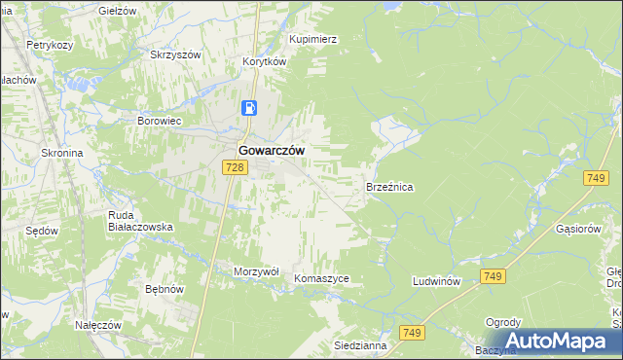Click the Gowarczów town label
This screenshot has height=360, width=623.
point(272,151)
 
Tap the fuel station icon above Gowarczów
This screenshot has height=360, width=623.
point(250,108)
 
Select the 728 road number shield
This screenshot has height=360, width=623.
point(234,167)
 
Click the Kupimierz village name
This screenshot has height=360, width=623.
point(312,40)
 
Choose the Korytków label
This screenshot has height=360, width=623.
point(264,60)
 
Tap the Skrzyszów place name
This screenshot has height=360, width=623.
point(174,55)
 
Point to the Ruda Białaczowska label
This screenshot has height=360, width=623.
point(140,221)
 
